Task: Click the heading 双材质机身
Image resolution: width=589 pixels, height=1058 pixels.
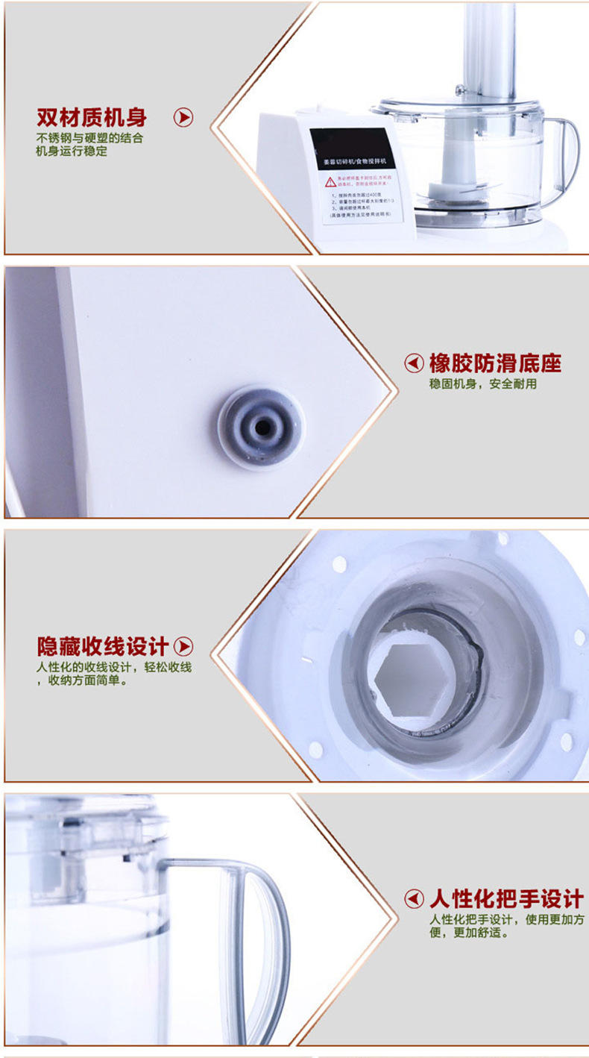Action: [92, 117]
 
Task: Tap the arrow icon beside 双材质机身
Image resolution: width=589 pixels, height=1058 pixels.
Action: [183, 117]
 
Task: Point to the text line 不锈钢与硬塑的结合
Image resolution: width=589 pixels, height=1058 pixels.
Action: [90, 138]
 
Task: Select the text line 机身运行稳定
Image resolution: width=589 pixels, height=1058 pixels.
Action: [72, 151]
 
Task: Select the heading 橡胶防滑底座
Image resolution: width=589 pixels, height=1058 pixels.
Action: [495, 363]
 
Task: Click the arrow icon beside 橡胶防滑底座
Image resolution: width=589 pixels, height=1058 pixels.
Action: [414, 363]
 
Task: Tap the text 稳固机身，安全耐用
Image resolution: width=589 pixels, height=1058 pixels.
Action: [482, 384]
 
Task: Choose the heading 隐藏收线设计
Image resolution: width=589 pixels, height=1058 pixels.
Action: [104, 646]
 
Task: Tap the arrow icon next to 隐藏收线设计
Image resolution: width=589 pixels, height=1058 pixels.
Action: [183, 646]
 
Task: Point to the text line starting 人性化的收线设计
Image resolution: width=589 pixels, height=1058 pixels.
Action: [114, 667]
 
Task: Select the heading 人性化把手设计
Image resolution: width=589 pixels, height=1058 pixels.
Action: [505, 898]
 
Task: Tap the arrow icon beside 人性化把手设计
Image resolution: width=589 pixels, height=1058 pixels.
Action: [414, 898]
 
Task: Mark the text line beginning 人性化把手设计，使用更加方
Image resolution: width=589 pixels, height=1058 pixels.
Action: [506, 919]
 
